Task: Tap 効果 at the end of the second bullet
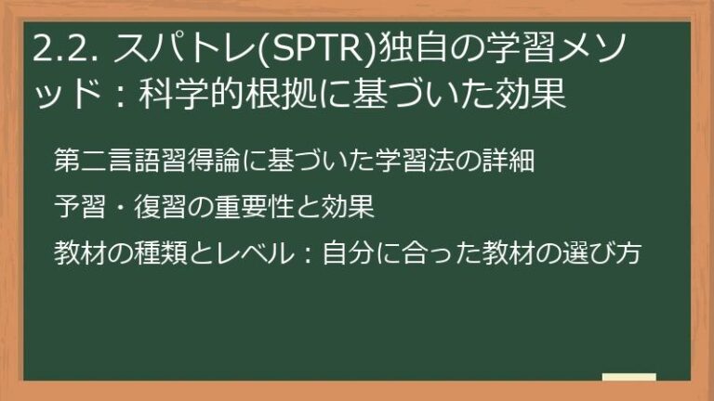point(349,207)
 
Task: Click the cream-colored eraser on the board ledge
point(629,379)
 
